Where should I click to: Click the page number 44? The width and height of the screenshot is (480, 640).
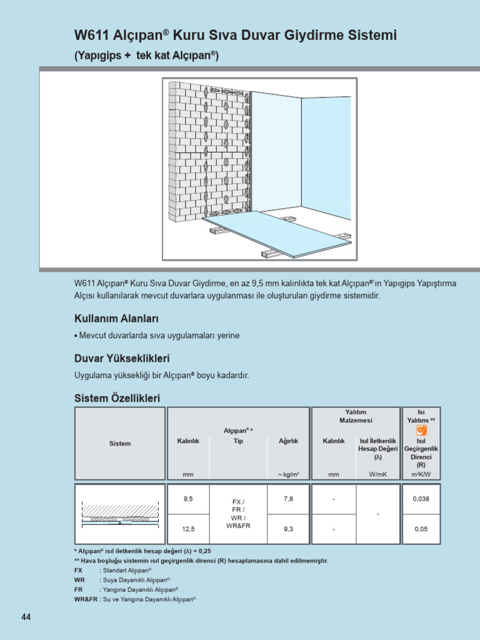point(26,617)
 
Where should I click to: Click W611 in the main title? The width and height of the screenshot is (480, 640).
point(91,36)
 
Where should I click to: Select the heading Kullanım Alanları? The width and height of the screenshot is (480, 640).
point(116,319)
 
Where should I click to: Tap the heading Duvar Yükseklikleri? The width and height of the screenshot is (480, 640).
point(122,359)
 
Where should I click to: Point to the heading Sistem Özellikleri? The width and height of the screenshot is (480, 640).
point(117,397)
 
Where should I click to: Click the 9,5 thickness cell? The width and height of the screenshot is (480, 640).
point(188,499)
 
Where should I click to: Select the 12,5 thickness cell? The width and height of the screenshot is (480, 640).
point(188,529)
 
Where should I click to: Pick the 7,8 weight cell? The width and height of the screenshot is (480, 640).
point(288,499)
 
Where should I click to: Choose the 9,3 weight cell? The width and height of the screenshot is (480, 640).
point(288,529)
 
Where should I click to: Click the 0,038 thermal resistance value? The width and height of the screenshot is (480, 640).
point(421,499)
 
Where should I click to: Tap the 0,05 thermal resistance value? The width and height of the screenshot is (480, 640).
point(421,529)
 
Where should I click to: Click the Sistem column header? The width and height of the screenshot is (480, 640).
point(120,444)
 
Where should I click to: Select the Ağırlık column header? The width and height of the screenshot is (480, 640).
point(288,441)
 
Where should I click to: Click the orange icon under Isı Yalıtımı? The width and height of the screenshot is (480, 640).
point(421,430)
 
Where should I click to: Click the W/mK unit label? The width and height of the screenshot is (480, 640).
point(378,474)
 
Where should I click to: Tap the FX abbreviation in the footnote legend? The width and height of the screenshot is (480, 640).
point(78,571)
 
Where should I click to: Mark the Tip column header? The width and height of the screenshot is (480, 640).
point(238,441)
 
